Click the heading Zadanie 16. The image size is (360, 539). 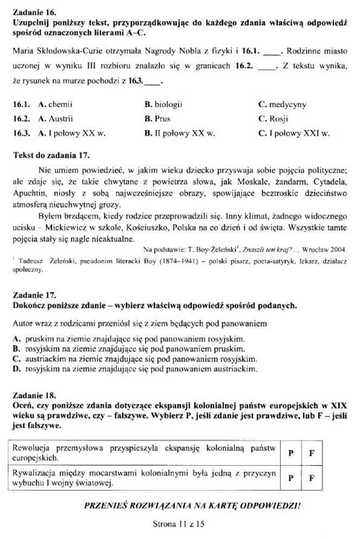click(35, 11)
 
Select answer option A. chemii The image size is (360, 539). click(56, 104)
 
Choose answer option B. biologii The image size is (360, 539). click(163, 104)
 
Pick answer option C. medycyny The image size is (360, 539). click(282, 104)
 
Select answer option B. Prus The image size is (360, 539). click(158, 119)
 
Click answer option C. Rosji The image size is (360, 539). click(273, 119)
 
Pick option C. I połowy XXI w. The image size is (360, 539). click(294, 133)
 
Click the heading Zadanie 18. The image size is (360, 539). click(35, 396)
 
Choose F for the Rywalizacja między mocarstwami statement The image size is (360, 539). click(312, 478)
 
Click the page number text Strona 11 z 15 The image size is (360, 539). click(180, 523)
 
